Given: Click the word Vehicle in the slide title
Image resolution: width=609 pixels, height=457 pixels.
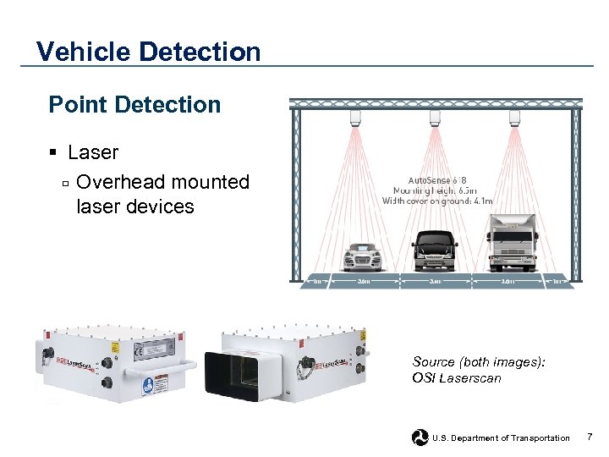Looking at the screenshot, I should click(82, 52).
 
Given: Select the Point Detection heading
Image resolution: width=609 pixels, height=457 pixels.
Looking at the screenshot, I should click(134, 105).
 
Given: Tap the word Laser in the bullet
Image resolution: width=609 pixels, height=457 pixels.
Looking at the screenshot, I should click(93, 152).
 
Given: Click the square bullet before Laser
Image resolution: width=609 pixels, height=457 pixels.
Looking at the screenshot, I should click(52, 153).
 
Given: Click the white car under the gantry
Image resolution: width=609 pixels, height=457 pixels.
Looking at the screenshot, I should click(365, 255).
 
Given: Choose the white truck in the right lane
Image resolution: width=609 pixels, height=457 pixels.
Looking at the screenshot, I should click(512, 241).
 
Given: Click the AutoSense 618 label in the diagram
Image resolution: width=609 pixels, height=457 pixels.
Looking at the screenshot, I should click(436, 179).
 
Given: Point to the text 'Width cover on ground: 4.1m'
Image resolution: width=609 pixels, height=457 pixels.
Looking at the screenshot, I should click(436, 201).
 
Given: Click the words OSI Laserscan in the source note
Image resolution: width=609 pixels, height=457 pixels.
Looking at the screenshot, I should click(456, 378).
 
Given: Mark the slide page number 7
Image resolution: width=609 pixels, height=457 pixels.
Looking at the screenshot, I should click(590, 437).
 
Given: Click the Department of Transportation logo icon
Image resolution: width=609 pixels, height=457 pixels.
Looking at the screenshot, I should click(420, 438).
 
